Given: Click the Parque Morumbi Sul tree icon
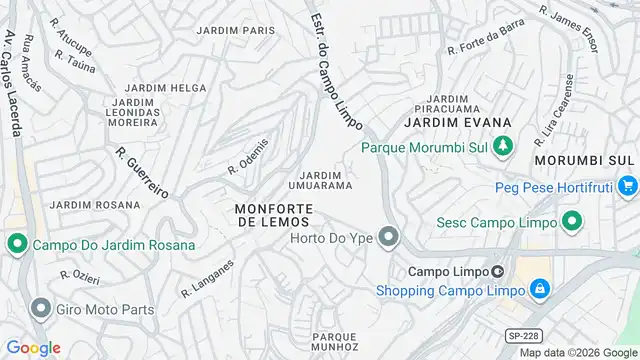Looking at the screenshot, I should point(504,147).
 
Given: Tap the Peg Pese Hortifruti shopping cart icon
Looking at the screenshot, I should point(627,185).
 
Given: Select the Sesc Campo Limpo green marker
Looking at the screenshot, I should point(572,221).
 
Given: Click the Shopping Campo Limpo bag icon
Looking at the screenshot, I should point(539,290).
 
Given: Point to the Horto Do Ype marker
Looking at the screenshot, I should point(389,238).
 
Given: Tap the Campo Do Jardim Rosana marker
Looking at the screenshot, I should point(17,244).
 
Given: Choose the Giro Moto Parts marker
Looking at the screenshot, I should point(41,308).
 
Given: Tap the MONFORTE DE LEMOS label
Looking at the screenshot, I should point(274,214).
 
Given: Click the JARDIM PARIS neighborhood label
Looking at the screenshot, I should point(235,31).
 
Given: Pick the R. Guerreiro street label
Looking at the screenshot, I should point(144,173).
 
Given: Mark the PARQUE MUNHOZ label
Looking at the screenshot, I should point(335,342).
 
